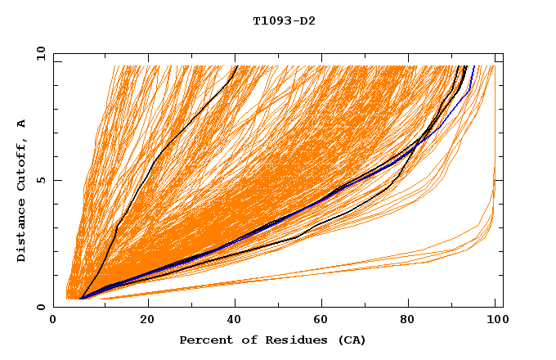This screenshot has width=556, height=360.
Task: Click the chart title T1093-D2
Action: tap(284, 21)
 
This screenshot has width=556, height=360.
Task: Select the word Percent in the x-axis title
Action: tap(204, 340)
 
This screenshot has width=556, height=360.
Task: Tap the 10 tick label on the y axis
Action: tap(41, 52)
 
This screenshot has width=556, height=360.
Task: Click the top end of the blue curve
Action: tap(473, 67)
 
